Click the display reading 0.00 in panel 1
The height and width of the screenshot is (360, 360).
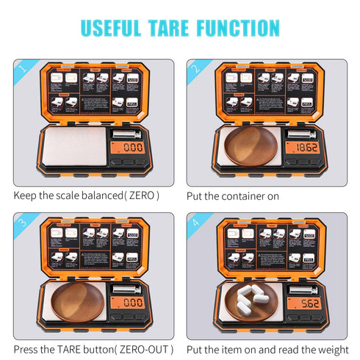click(x=133, y=148)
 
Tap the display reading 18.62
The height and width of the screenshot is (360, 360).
click(x=306, y=148)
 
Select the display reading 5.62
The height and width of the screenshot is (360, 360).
click(x=306, y=302)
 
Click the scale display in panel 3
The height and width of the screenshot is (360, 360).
click(x=133, y=302)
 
